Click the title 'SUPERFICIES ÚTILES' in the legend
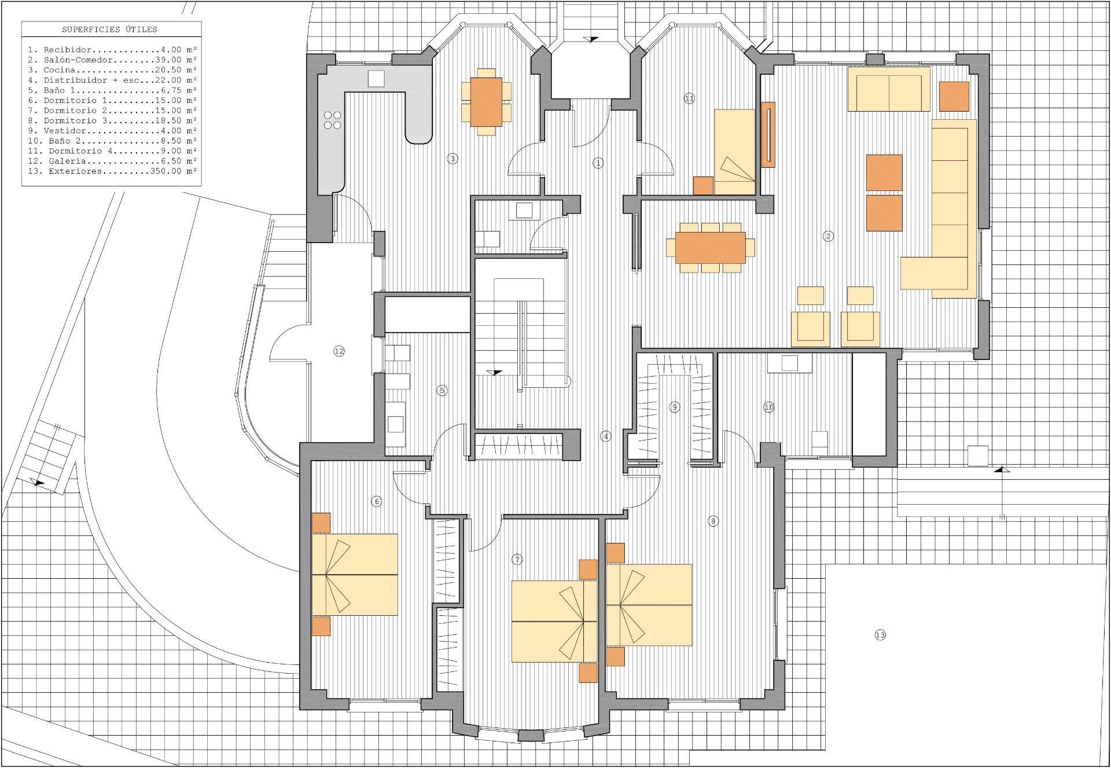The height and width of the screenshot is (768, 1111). [x=109, y=30]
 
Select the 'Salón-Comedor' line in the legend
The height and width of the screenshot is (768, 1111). [x=112, y=60]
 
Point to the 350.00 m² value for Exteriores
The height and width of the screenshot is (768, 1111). [x=174, y=171]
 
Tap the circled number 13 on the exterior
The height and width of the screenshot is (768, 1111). [x=880, y=635]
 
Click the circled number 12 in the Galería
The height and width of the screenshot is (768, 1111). [x=339, y=351]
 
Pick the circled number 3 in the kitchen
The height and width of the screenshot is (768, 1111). [x=453, y=158]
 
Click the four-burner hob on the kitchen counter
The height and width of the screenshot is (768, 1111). [x=333, y=120]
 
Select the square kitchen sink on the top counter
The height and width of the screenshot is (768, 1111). [x=376, y=78]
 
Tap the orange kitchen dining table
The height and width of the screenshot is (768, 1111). [x=486, y=102]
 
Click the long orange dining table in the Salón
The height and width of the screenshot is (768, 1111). [x=711, y=247]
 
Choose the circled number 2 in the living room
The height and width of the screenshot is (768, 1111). [x=829, y=236]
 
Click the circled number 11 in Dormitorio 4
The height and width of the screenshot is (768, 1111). [x=689, y=98]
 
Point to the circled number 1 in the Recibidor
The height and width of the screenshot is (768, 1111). [x=598, y=163]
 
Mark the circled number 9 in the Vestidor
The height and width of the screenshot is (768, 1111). [x=675, y=407]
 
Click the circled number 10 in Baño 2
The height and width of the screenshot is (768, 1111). [x=769, y=407]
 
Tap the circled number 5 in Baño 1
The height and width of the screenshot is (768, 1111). [x=442, y=390]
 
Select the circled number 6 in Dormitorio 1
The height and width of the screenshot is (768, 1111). [x=377, y=501]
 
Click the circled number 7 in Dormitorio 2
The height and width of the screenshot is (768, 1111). [x=517, y=559]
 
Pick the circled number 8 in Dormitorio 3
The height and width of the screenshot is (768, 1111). [x=713, y=521]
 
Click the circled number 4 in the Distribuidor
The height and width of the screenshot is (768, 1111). [x=606, y=436]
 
